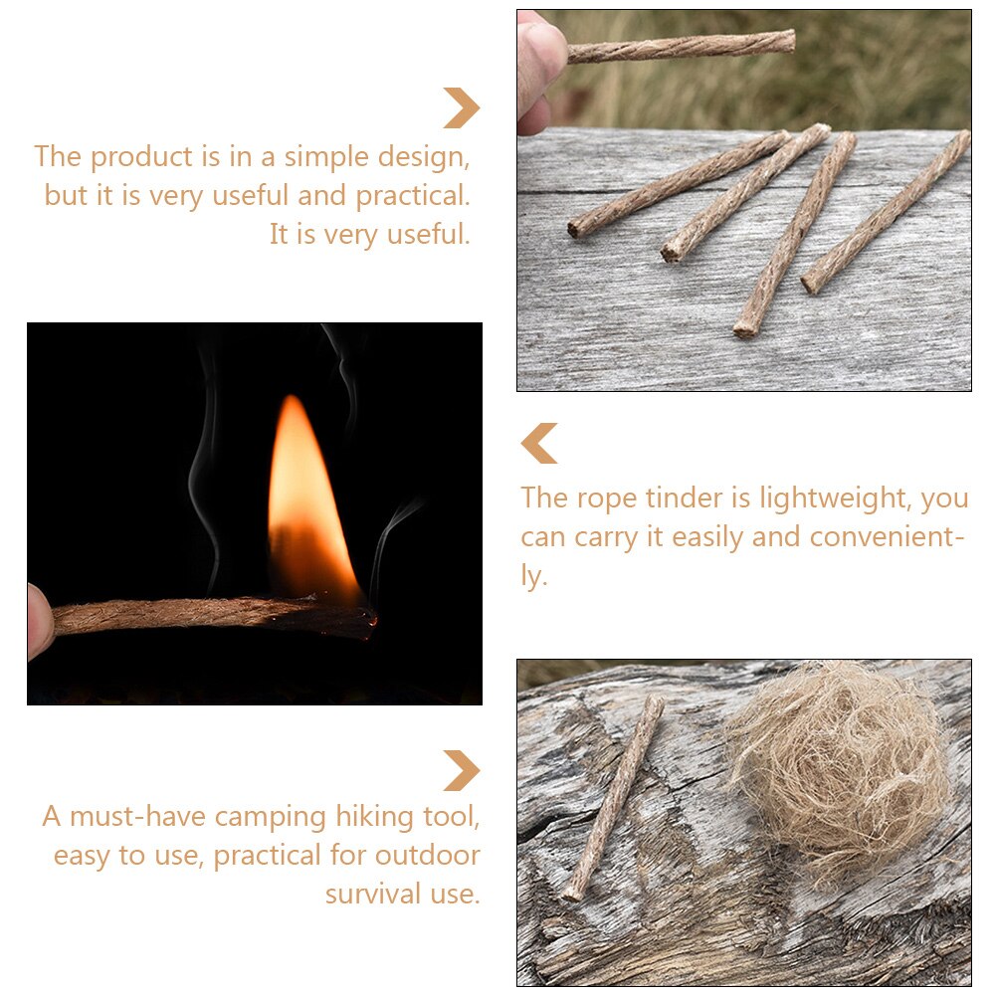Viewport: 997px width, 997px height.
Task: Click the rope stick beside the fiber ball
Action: click(616, 795)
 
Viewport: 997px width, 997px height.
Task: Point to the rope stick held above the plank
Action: click(687, 46)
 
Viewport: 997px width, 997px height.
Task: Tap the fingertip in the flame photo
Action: click(38, 621)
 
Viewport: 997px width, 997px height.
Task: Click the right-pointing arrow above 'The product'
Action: click(461, 108)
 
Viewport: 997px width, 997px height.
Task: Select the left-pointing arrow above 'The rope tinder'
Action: click(539, 444)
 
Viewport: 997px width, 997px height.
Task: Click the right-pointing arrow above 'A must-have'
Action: click(461, 771)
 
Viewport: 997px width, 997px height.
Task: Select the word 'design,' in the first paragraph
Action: click(409, 157)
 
